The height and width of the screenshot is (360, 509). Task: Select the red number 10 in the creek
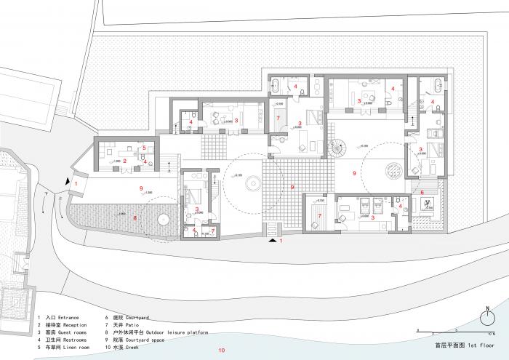222,351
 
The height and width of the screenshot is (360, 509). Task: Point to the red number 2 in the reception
125,161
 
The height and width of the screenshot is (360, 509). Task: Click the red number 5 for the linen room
145,148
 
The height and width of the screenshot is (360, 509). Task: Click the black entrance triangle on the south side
273,240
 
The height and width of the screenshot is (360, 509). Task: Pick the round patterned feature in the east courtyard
393,169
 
